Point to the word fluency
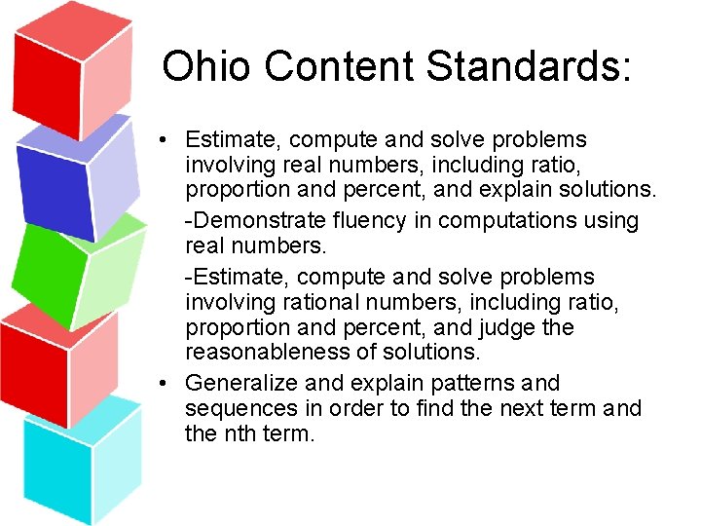(x=373, y=221)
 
